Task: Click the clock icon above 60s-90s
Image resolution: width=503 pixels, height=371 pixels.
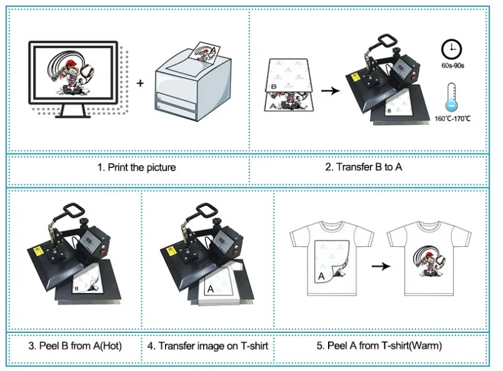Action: point(451,50)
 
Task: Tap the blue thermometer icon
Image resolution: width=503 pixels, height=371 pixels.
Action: point(451,97)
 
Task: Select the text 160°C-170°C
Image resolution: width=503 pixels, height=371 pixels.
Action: point(452,119)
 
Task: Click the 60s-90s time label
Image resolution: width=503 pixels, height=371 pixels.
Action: point(452,66)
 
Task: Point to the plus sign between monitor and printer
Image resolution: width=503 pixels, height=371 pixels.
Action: point(140,83)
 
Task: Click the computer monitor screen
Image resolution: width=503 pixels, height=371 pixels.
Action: point(74,72)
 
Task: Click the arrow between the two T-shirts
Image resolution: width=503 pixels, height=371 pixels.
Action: point(381,266)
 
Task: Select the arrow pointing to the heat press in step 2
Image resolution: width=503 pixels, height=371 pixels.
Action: point(331,91)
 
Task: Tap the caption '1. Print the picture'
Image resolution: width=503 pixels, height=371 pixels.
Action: point(137,167)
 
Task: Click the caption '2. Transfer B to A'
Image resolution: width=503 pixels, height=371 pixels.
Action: point(364,167)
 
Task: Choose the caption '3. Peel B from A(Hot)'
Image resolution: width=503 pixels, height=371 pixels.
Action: point(75,345)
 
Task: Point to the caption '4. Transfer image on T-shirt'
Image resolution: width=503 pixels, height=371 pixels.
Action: point(207,345)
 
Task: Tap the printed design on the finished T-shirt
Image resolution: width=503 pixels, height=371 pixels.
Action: point(429,260)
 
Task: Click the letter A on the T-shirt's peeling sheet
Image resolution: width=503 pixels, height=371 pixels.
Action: point(321,276)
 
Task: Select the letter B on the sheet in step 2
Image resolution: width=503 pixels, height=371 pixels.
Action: point(274,86)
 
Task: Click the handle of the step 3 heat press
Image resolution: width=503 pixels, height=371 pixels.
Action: point(74,210)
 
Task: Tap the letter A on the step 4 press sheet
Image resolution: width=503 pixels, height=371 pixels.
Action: point(211,289)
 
